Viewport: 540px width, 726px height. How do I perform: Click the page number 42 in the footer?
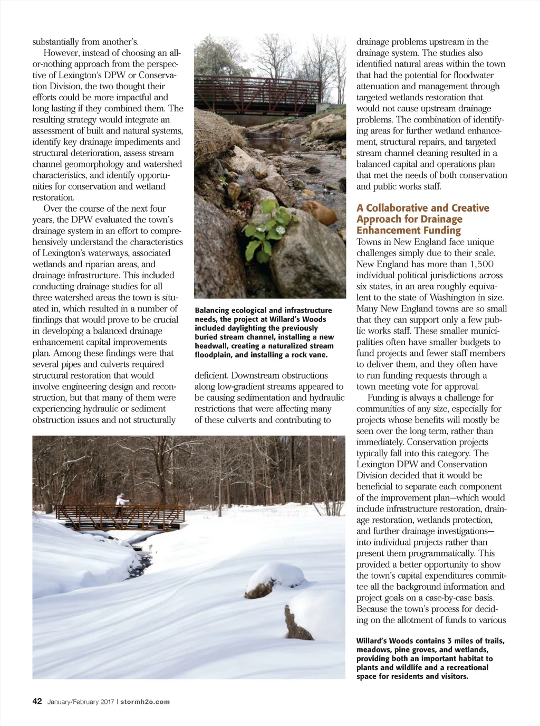tap(37, 701)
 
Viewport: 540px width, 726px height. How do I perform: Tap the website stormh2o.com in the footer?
tap(145, 702)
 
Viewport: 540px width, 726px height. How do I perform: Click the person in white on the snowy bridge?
tap(122, 499)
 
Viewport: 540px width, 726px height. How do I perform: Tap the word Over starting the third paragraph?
tap(53, 209)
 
